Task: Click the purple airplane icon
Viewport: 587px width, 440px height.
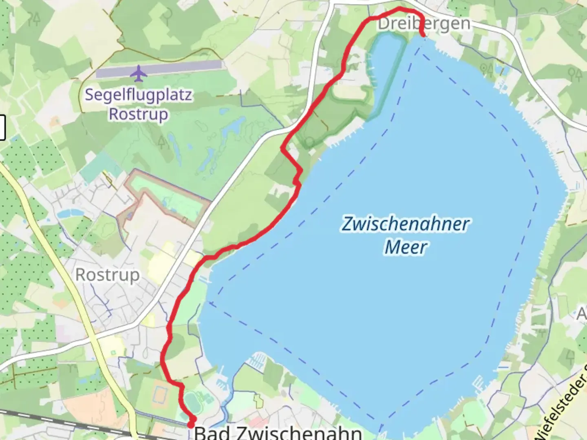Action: click(x=139, y=73)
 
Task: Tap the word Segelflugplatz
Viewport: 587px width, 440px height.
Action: click(x=138, y=95)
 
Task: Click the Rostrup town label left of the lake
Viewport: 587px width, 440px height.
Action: click(x=108, y=275)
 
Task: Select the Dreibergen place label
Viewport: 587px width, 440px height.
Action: click(x=424, y=24)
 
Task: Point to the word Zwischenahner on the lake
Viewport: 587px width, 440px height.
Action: click(x=405, y=224)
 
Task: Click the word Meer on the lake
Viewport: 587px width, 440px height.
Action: click(x=406, y=247)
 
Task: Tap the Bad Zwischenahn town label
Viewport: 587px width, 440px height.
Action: click(x=278, y=432)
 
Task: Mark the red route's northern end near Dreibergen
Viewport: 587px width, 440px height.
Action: click(x=424, y=35)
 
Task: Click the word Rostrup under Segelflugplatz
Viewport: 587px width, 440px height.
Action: click(x=138, y=114)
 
